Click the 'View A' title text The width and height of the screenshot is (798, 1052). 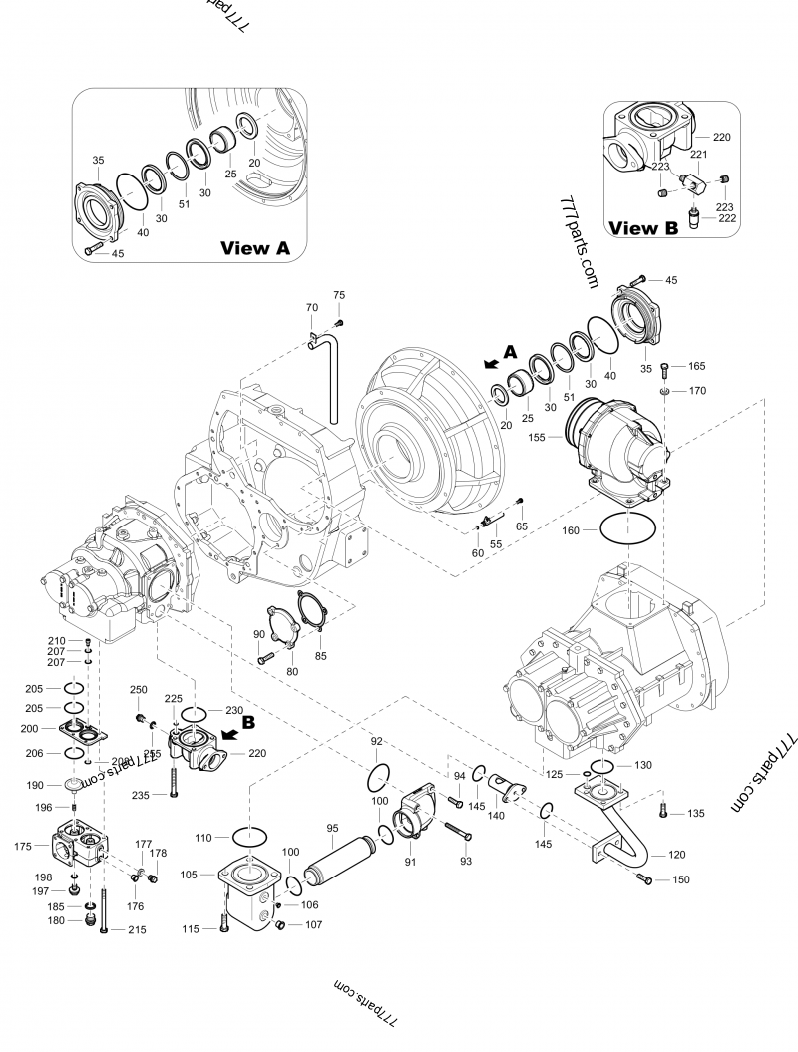(254, 248)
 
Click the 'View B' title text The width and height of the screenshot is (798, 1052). (643, 228)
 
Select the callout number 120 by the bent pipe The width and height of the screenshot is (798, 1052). (677, 855)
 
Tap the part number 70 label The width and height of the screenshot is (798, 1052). (311, 308)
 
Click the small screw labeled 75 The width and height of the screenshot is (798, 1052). (339, 323)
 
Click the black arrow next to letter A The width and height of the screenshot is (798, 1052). (489, 364)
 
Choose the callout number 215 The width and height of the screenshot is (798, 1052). (137, 930)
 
